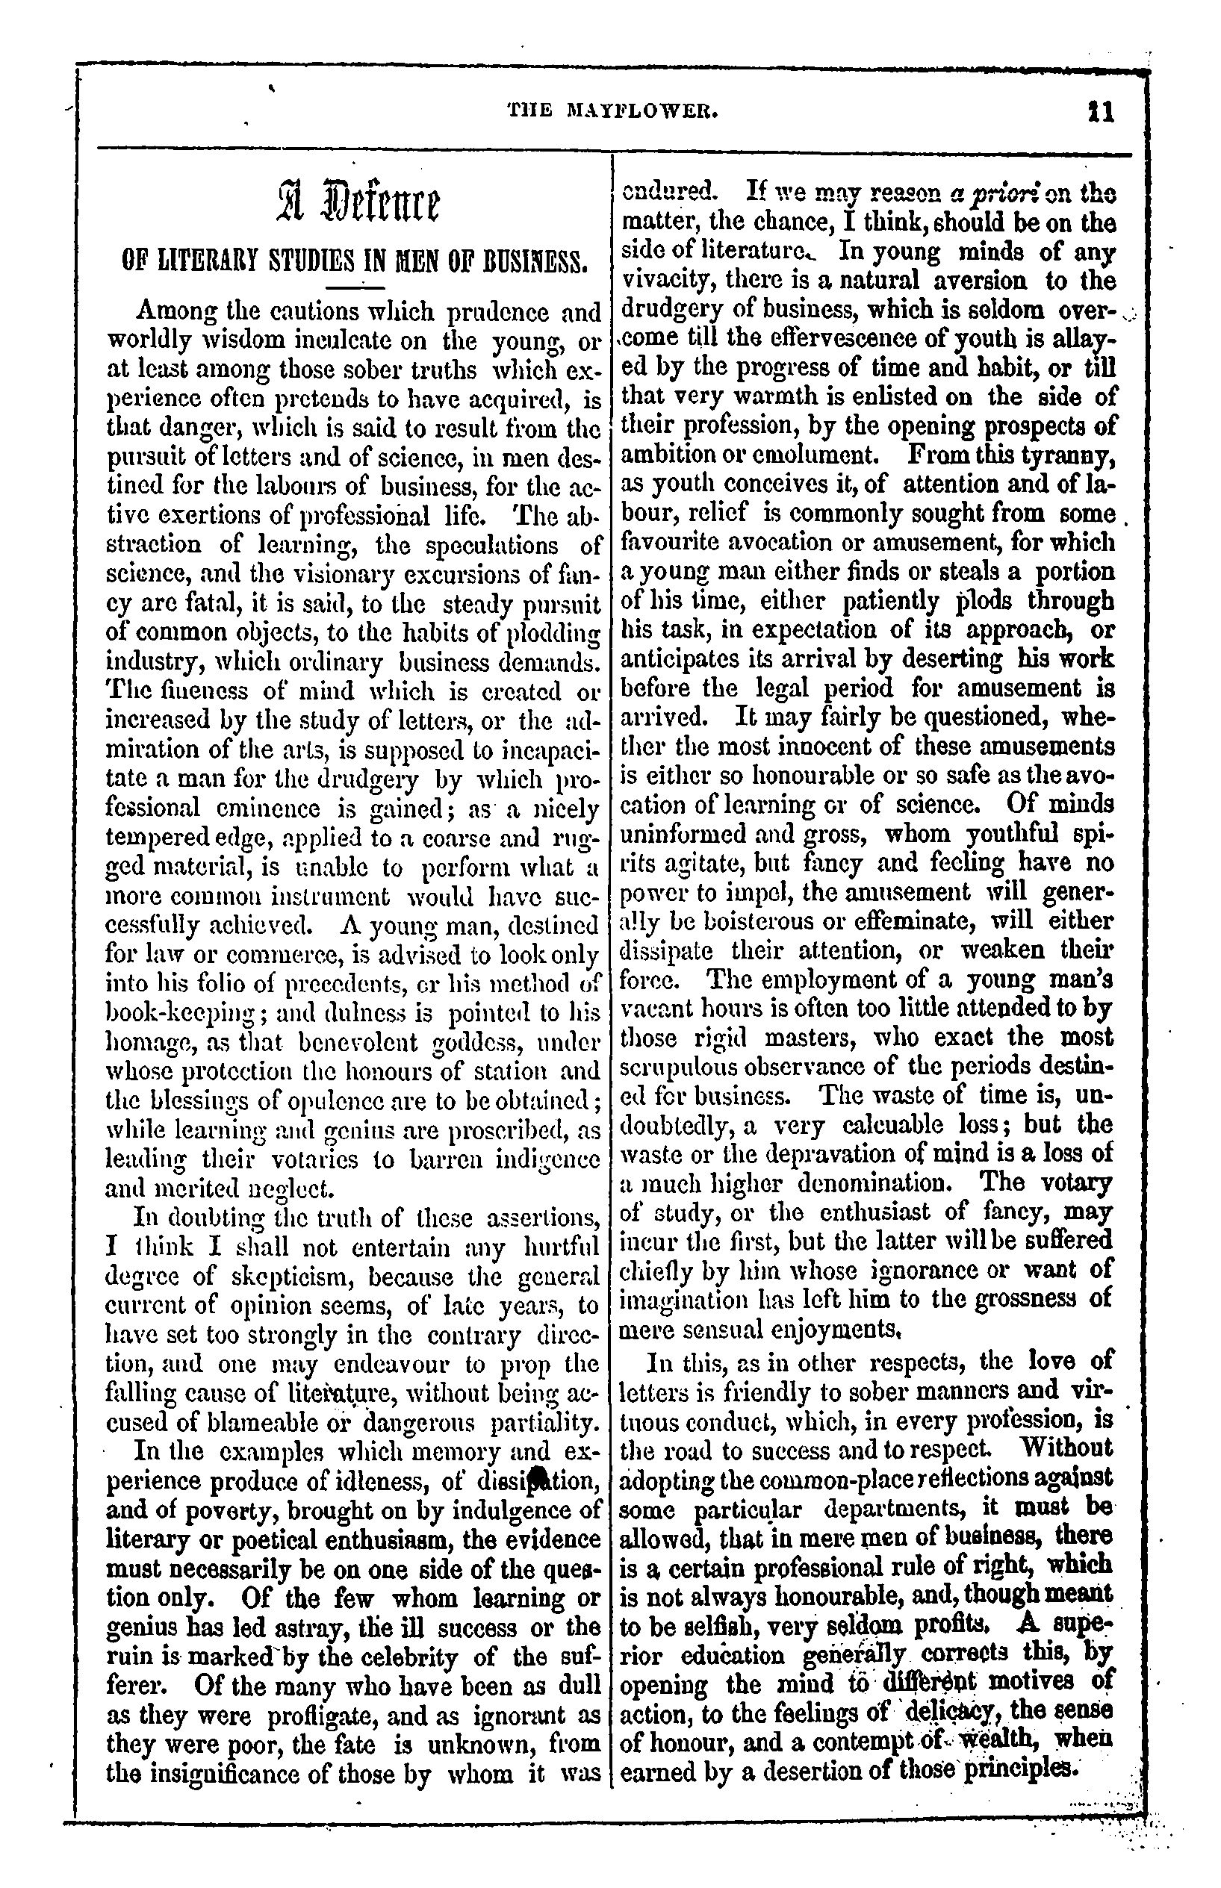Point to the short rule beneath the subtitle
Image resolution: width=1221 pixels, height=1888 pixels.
click(x=356, y=287)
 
